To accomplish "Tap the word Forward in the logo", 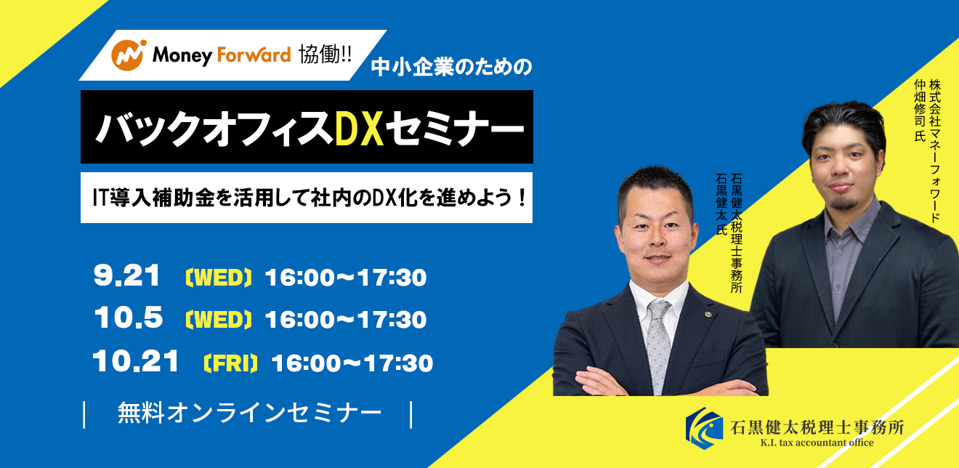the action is pos(254,55).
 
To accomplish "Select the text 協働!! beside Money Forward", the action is pos(325,55).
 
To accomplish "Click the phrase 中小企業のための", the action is pos(451,68).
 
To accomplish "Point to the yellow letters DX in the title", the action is pos(359,128).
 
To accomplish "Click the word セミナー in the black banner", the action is pos(455,128).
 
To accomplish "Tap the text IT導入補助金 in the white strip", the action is pos(154,198).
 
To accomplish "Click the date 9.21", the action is pos(126,275).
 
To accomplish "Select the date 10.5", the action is pos(129,318).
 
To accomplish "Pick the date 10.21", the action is pos(136,361).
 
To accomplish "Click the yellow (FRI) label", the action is pos(231,363).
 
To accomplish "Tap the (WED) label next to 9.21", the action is pos(219,278).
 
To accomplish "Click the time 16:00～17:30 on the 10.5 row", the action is pos(346,320).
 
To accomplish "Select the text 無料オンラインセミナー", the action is pos(249,413).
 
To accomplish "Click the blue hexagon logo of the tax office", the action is pos(704,428).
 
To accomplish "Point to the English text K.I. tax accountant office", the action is pos(817,443).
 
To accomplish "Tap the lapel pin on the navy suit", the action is pos(708,314).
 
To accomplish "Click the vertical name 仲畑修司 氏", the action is pos(920,110).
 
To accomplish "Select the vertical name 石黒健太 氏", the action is pos(722,203).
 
